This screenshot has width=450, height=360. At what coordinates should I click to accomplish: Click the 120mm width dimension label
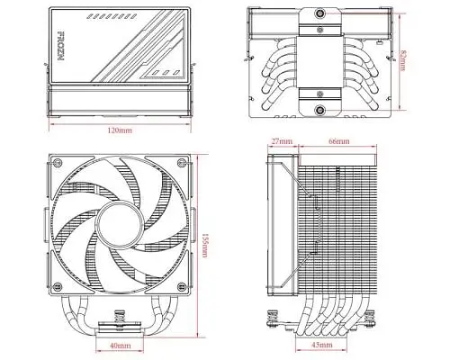tap(120, 130)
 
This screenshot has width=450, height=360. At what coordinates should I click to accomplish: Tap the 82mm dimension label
tap(403, 60)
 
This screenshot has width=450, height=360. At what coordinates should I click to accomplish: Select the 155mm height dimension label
tap(204, 245)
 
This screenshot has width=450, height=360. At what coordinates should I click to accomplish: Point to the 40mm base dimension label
tap(120, 346)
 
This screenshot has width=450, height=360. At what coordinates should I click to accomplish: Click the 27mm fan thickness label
tap(282, 141)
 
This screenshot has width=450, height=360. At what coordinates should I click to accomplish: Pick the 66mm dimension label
tap(339, 141)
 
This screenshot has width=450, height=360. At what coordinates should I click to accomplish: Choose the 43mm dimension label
tap(322, 345)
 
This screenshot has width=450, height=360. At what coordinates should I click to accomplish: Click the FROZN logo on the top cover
tap(61, 46)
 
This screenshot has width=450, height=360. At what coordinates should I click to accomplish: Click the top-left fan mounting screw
tap(57, 163)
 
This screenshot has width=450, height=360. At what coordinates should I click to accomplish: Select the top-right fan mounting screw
tap(182, 163)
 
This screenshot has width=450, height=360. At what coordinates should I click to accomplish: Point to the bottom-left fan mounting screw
tap(57, 287)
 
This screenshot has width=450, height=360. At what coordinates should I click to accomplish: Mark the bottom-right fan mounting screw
tap(182, 287)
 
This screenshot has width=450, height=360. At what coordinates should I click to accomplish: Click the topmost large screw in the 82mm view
tap(320, 13)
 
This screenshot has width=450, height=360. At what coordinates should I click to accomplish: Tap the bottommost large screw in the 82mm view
tap(320, 110)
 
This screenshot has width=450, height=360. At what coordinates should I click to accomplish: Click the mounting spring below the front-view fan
tap(120, 316)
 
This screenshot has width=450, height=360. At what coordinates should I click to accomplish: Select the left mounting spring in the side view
tap(273, 318)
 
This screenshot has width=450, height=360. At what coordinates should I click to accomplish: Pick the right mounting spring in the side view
tap(369, 318)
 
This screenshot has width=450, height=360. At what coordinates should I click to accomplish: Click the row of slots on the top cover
tap(109, 16)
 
